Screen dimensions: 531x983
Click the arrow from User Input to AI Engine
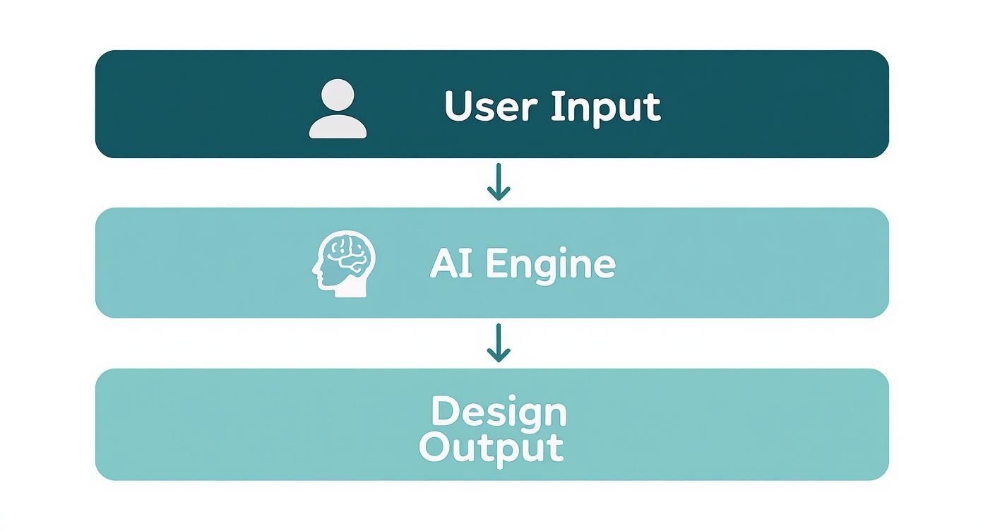tap(499, 182)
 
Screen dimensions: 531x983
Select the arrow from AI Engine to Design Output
tap(499, 342)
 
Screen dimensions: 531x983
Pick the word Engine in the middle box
tap(550, 265)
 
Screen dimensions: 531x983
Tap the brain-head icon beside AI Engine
tap(343, 264)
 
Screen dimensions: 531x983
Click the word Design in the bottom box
tap(499, 412)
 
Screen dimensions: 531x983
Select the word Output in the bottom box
tap(491, 447)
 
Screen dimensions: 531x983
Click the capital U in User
tap(458, 107)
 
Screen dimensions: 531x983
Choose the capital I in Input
tap(554, 106)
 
